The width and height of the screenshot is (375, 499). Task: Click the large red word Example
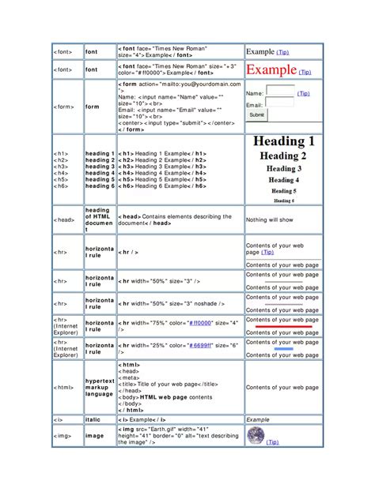[272, 70]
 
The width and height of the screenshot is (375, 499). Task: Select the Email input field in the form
[280, 103]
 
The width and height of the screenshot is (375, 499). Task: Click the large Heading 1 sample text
[284, 141]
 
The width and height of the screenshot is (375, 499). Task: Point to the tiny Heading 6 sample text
[284, 201]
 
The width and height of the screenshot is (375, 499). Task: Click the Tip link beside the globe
[273, 442]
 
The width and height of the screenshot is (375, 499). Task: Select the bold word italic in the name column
[94, 419]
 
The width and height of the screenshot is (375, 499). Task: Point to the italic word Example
[258, 419]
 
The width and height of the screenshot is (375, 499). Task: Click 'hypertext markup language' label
[100, 388]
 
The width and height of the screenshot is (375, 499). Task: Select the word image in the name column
[95, 435]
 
